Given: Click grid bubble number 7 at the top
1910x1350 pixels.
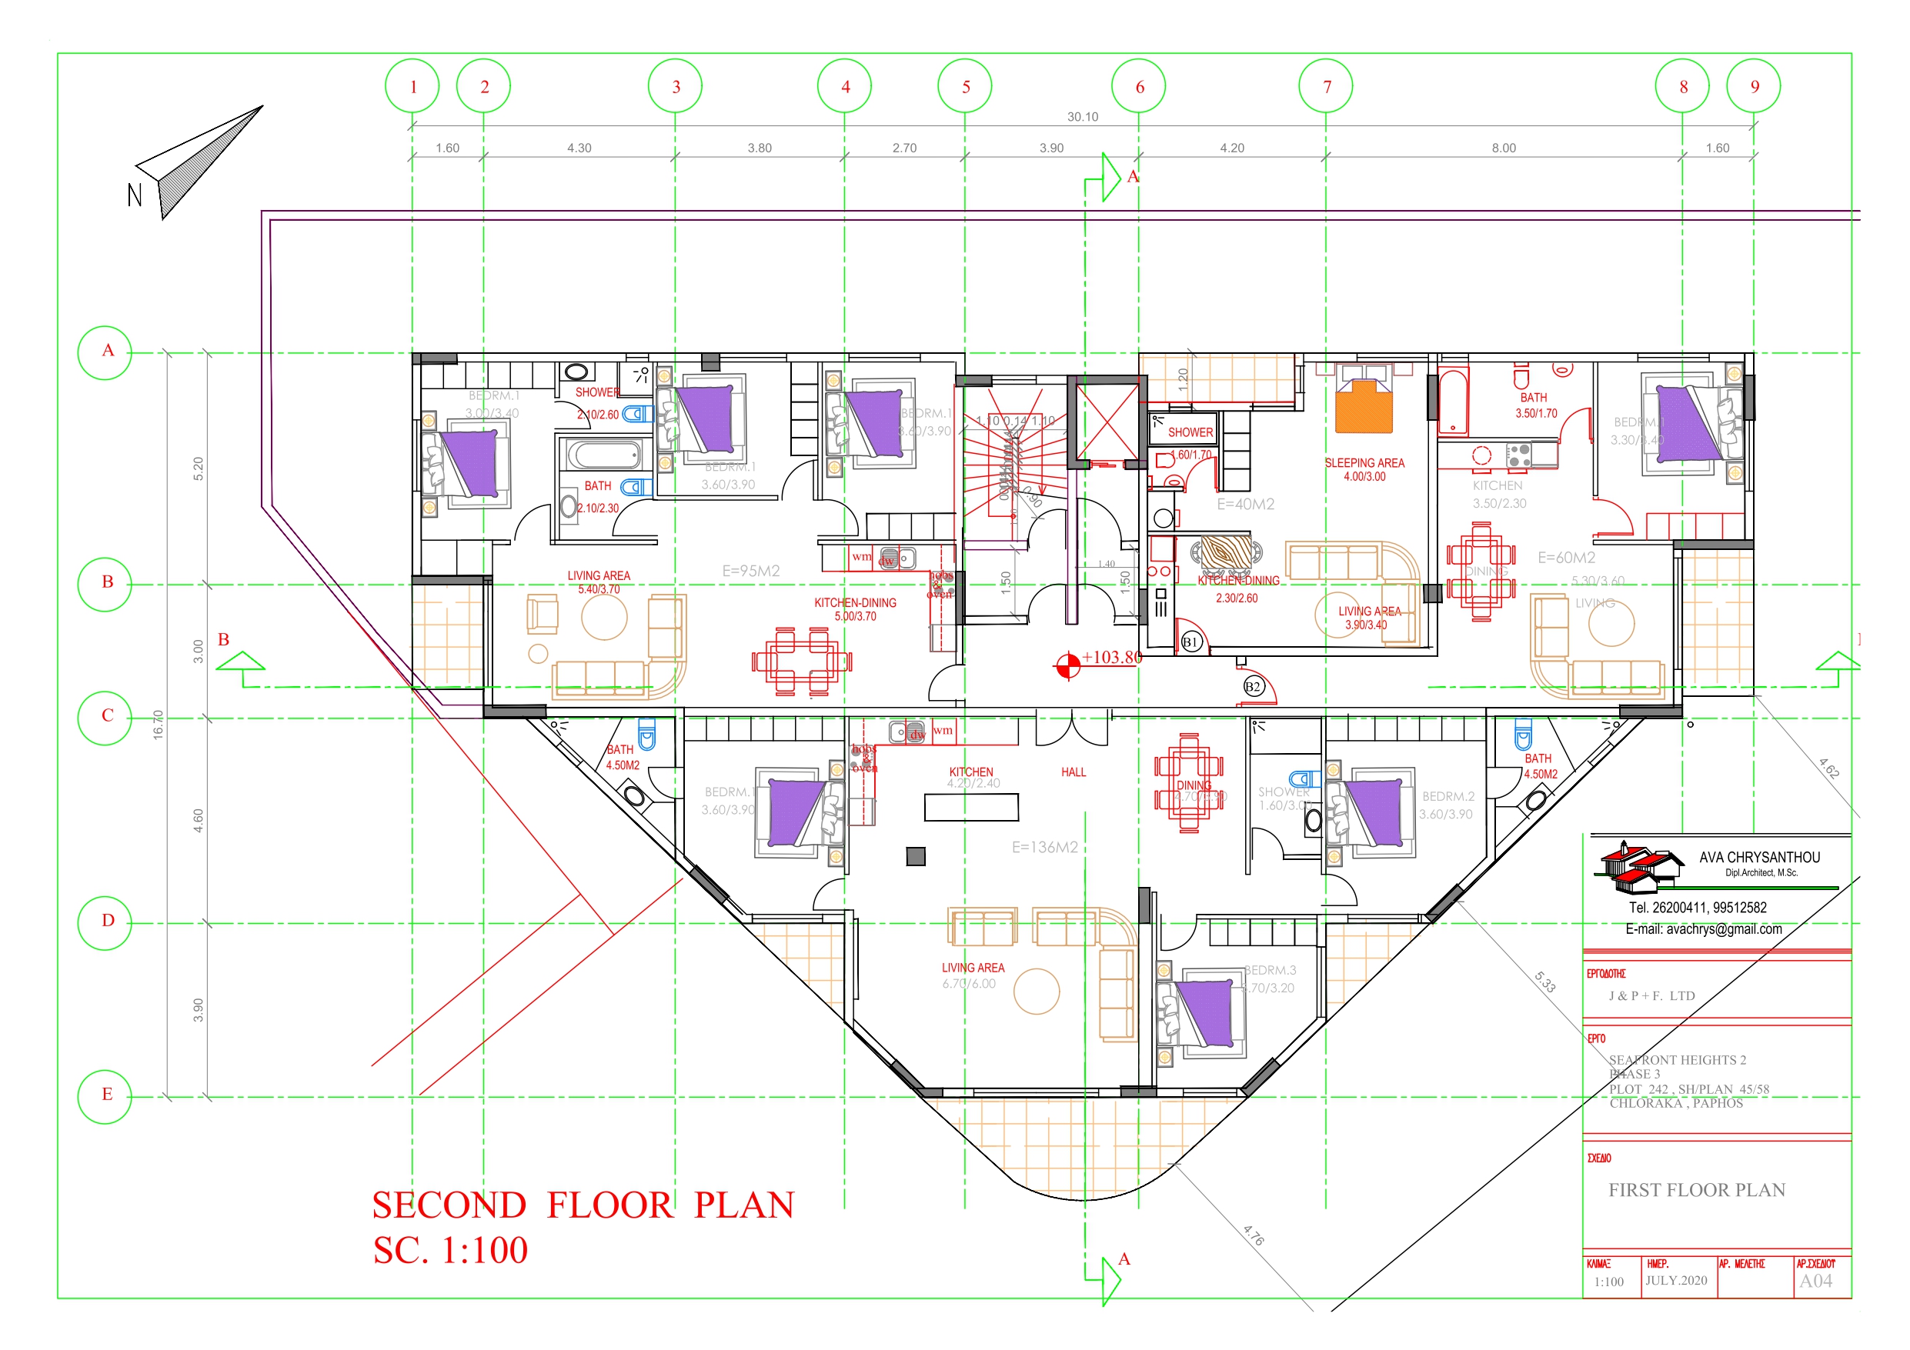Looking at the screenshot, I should (1326, 86).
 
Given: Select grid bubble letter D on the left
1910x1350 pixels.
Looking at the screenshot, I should (105, 922).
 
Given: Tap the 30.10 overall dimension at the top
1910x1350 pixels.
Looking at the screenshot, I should (1082, 117).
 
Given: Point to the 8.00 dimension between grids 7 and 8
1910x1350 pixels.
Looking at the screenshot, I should (1503, 148).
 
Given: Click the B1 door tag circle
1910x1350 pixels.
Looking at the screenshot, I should (1190, 642).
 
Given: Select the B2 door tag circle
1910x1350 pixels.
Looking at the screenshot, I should (1253, 686).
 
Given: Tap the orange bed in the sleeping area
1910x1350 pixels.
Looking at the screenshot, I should (1364, 406).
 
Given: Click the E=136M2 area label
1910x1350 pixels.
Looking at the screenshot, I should (1044, 848).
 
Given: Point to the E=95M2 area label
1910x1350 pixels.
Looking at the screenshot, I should (750, 572).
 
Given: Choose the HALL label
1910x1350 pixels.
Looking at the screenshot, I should (1074, 773).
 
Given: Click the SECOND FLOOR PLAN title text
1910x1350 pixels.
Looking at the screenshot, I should (583, 1205).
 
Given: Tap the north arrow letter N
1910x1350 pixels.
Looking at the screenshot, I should (135, 195).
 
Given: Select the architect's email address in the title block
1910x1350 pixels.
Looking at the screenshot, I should (1703, 929).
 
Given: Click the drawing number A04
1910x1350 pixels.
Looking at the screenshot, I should (1815, 1281).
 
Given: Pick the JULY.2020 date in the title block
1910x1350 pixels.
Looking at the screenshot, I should (1675, 1280).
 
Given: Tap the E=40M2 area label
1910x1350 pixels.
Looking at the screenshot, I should (1245, 504).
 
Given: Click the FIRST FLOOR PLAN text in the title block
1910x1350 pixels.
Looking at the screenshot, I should (1696, 1190).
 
